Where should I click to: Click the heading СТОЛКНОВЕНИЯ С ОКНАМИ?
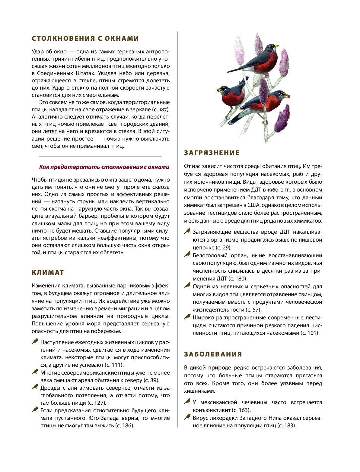[85, 39]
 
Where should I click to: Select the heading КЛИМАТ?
[48, 273]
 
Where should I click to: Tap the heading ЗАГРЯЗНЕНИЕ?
[212, 153]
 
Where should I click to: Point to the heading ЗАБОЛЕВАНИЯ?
[213, 354]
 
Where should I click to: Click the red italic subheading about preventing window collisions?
[104, 167]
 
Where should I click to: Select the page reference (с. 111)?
[114, 365]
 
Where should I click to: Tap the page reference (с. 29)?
[224, 248]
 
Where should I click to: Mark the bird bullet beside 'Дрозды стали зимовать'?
[35, 387]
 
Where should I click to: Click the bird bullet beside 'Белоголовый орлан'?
[187, 255]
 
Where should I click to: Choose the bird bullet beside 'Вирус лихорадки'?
[187, 417]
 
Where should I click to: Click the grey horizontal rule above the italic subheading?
[100, 156]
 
